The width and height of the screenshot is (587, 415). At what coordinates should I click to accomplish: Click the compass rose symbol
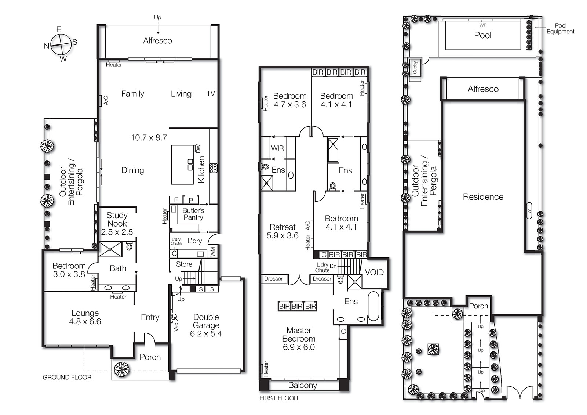tap(61, 44)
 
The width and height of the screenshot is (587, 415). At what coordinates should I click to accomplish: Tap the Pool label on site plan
tap(482, 35)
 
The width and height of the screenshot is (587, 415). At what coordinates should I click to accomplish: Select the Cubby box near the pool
tap(415, 67)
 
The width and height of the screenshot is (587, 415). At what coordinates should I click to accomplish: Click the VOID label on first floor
tap(374, 272)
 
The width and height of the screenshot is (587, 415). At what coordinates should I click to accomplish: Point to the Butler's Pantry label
tap(193, 214)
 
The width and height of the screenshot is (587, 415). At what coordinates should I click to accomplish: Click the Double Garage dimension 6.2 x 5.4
tap(206, 334)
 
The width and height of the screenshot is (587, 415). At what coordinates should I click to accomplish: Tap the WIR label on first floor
tap(277, 148)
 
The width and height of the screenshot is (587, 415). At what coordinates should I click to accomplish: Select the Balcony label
tap(302, 385)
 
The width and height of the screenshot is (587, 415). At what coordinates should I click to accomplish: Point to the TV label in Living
tap(211, 94)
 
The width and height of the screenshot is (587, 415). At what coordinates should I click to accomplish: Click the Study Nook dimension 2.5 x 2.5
tap(117, 232)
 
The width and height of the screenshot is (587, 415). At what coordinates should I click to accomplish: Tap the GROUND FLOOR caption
tap(67, 377)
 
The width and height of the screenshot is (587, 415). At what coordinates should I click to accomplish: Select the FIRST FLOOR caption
tap(278, 398)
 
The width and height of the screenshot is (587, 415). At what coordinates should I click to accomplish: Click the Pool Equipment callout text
tap(560, 28)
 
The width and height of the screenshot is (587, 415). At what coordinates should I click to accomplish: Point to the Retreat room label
tap(282, 227)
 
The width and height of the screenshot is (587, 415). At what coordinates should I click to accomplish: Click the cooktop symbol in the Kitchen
tap(213, 168)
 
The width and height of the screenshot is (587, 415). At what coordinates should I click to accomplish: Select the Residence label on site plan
tap(483, 197)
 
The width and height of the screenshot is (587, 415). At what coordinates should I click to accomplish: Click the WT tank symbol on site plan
tap(529, 210)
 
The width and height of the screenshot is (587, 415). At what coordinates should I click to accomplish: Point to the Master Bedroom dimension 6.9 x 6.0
tap(299, 347)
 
